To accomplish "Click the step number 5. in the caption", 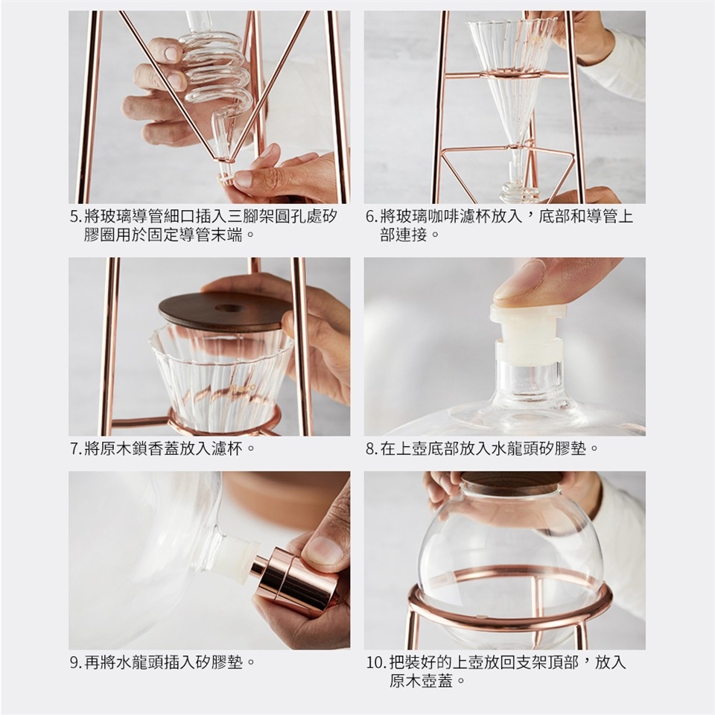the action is (76, 217).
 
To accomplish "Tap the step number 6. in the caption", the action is (372, 217).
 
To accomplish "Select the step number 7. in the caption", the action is (76, 448).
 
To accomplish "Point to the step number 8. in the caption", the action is (372, 448).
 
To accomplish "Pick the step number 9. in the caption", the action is (76, 662).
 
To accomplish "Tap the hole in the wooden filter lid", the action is (229, 308).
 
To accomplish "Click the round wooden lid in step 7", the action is (226, 311).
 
